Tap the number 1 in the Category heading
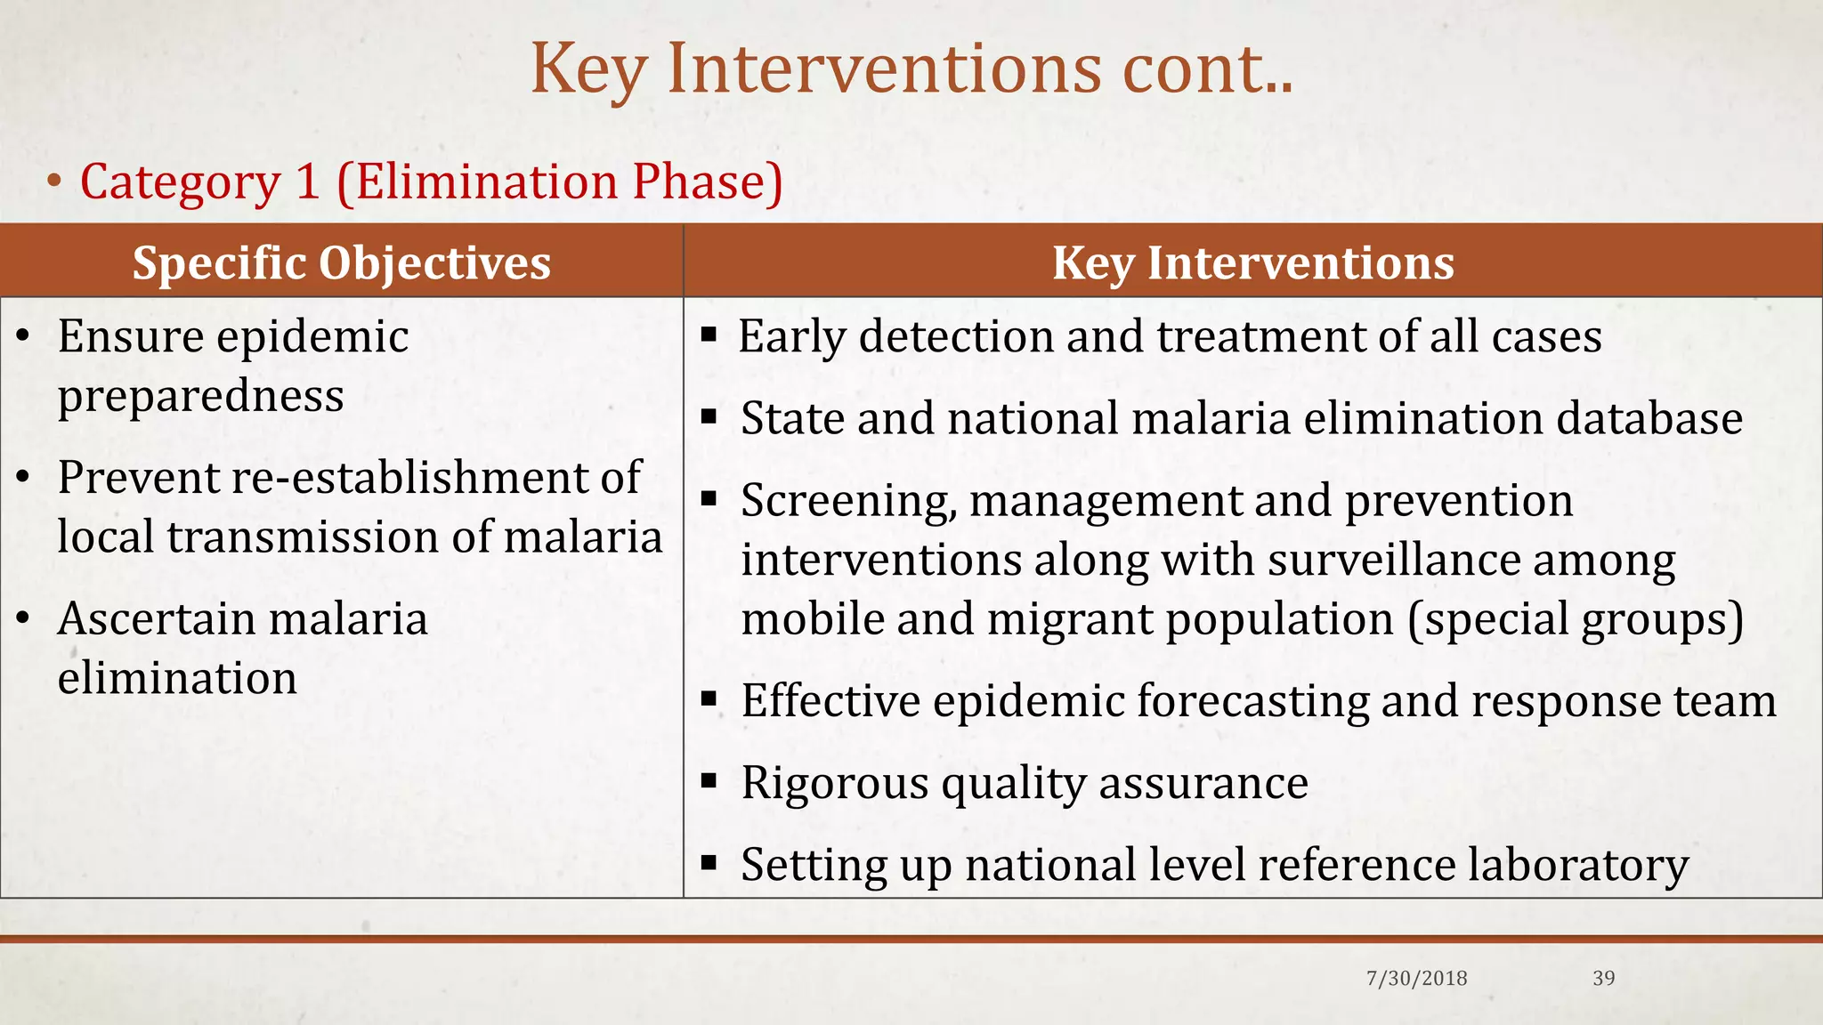tap(307, 182)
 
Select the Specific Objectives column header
tap(342, 263)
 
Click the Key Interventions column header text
tap(1253, 263)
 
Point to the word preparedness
tap(200, 397)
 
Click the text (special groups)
tap(1576, 619)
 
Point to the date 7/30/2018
tap(1416, 979)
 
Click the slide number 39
tap(1603, 979)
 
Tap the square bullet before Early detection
tap(709, 335)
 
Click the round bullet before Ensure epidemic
tap(24, 336)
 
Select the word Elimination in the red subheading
tap(487, 182)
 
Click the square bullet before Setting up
tap(709, 862)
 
